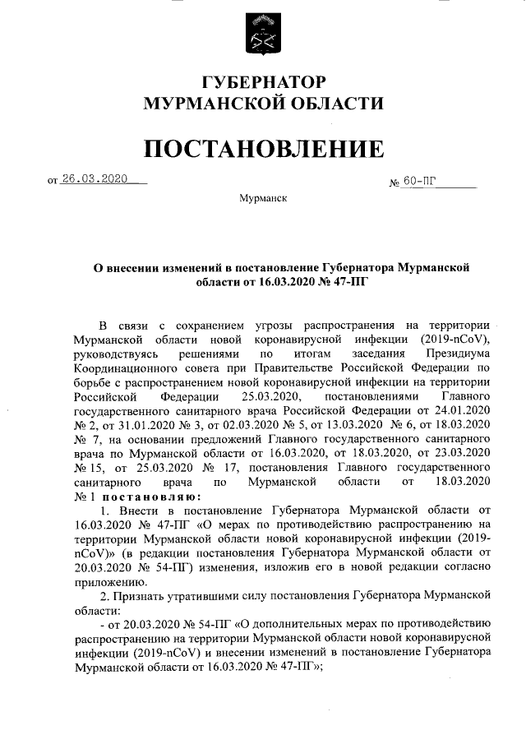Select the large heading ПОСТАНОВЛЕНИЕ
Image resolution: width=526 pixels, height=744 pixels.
tap(263, 148)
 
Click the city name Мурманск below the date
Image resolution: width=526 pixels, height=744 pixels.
tap(263, 199)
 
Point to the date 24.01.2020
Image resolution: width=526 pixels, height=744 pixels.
tap(464, 409)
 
